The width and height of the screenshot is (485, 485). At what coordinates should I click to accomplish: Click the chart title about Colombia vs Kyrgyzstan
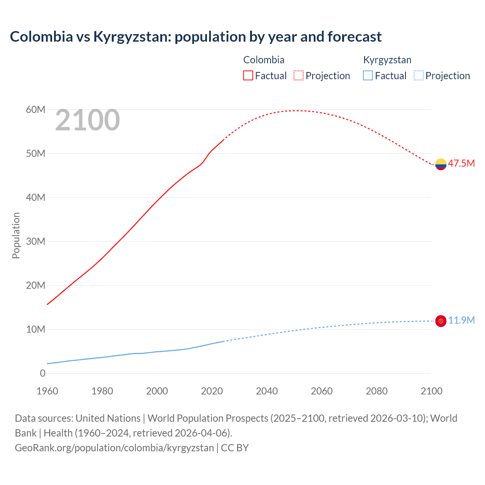tap(196, 37)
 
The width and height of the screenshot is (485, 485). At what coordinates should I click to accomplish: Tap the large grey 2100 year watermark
tap(88, 120)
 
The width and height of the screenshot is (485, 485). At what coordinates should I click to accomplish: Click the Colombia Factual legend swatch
tap(248, 75)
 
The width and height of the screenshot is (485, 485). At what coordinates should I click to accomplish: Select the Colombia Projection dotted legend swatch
tap(299, 75)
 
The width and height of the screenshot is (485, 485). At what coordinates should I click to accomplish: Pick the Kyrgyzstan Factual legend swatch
tap(368, 75)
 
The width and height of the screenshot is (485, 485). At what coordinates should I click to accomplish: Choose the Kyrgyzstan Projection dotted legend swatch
tap(418, 75)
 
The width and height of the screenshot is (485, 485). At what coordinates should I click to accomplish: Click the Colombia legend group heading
tap(264, 60)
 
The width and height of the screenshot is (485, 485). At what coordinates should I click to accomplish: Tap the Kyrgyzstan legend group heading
tap(387, 60)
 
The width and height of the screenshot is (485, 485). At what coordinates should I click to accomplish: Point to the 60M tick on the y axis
tap(36, 110)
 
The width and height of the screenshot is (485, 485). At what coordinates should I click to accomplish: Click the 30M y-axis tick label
tap(36, 241)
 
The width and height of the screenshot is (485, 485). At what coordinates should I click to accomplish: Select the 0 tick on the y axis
tap(42, 373)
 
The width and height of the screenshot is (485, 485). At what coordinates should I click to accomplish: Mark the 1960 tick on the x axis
tap(47, 391)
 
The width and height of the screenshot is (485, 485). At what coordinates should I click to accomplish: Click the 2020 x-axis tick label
tap(212, 391)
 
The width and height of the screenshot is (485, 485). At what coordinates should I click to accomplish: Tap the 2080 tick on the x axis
tap(377, 391)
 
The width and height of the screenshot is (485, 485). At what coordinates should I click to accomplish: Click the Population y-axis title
tap(16, 235)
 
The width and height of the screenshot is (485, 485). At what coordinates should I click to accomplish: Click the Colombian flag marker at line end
tap(441, 164)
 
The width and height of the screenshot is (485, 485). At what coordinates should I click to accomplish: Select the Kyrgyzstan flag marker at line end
tap(441, 321)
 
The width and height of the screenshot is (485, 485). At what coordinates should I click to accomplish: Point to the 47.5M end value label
tap(461, 163)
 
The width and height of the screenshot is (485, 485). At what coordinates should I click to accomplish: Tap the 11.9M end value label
tap(461, 320)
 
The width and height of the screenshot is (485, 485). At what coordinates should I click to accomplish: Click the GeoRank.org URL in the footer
tap(114, 447)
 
